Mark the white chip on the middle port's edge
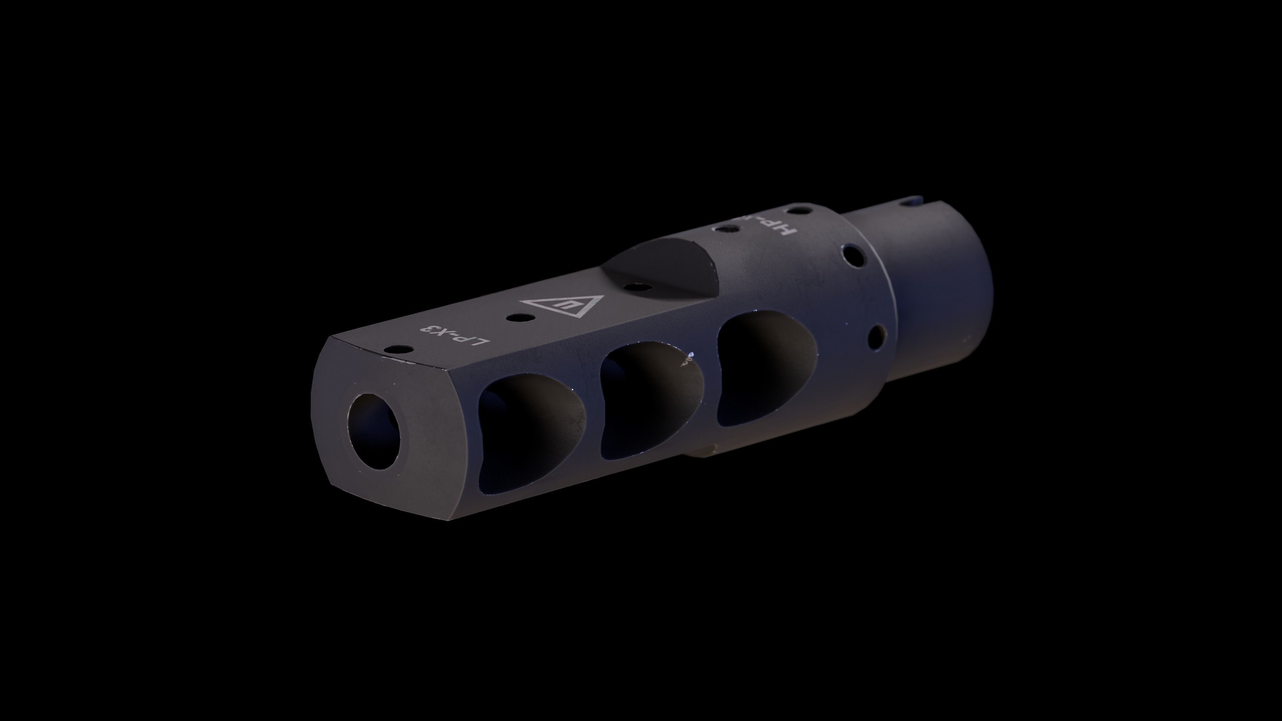690,355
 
